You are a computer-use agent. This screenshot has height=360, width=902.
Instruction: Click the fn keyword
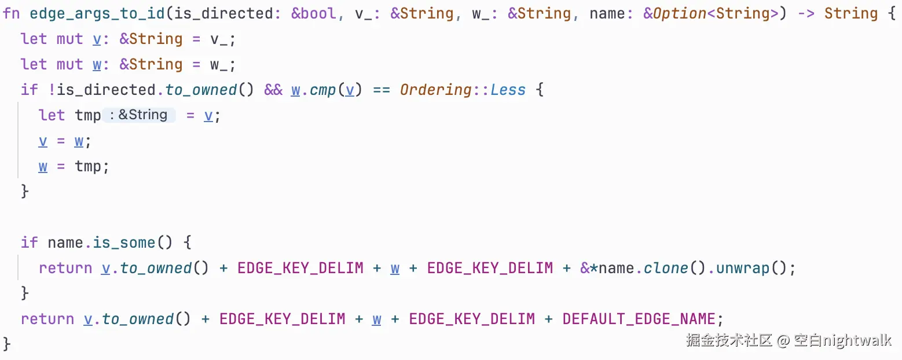tap(11, 13)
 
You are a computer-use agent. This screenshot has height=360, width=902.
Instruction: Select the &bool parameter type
tap(313, 13)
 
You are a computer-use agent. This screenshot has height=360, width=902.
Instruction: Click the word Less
tap(508, 90)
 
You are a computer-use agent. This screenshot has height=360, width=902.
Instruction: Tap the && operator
tap(273, 90)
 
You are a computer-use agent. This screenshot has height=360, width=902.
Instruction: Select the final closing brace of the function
tap(7, 344)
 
